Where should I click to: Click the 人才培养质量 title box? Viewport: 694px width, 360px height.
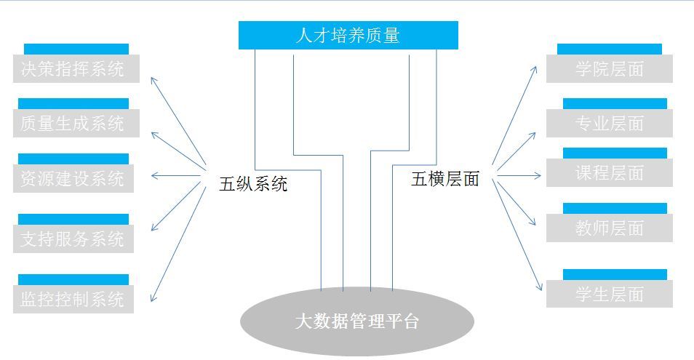(x=348, y=35)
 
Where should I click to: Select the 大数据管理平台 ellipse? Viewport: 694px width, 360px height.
(x=357, y=321)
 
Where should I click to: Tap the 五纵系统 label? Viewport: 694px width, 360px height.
(x=253, y=183)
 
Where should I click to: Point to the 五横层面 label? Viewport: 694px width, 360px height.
(x=445, y=179)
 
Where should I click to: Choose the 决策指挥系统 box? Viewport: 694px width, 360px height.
(x=76, y=68)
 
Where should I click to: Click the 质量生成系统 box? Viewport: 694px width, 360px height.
(x=76, y=123)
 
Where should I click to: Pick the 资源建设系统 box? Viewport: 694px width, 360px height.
(x=73, y=178)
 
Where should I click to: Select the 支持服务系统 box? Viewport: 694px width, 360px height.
(x=73, y=239)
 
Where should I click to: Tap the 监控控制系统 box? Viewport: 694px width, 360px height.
(x=73, y=299)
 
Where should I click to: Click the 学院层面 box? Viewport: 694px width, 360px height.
(x=610, y=68)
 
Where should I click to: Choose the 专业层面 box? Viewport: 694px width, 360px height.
(x=610, y=123)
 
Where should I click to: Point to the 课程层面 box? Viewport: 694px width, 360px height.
(x=610, y=172)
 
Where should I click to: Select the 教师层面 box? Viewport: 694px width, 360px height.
(x=610, y=228)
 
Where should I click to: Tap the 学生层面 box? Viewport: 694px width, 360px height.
(x=610, y=294)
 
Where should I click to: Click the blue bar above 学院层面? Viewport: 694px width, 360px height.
(x=609, y=49)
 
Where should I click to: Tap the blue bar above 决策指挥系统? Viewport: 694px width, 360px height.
(x=76, y=49)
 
